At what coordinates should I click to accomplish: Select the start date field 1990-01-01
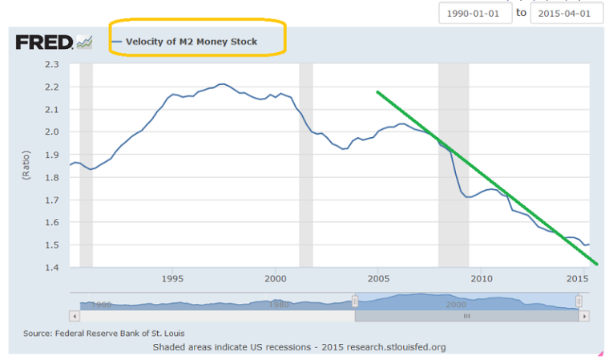pos(474,14)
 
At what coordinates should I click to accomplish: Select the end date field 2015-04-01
pos(567,14)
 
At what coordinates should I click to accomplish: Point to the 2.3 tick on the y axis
pos(52,64)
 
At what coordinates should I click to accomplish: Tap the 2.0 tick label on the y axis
pos(52,131)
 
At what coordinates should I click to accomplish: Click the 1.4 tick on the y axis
pos(52,268)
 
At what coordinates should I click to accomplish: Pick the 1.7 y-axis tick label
pos(52,200)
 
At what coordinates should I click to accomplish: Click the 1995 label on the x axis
pos(171,279)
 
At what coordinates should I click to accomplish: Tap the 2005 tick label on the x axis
pos(377,279)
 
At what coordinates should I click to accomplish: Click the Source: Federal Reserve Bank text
pos(98,333)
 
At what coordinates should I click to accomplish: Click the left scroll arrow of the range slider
pos(75,316)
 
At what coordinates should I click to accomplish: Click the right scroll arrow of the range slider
pos(584,316)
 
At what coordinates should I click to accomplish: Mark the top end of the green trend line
pos(377,92)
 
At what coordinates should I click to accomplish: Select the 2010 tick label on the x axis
pos(481,279)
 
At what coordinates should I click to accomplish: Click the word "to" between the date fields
pos(522,14)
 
